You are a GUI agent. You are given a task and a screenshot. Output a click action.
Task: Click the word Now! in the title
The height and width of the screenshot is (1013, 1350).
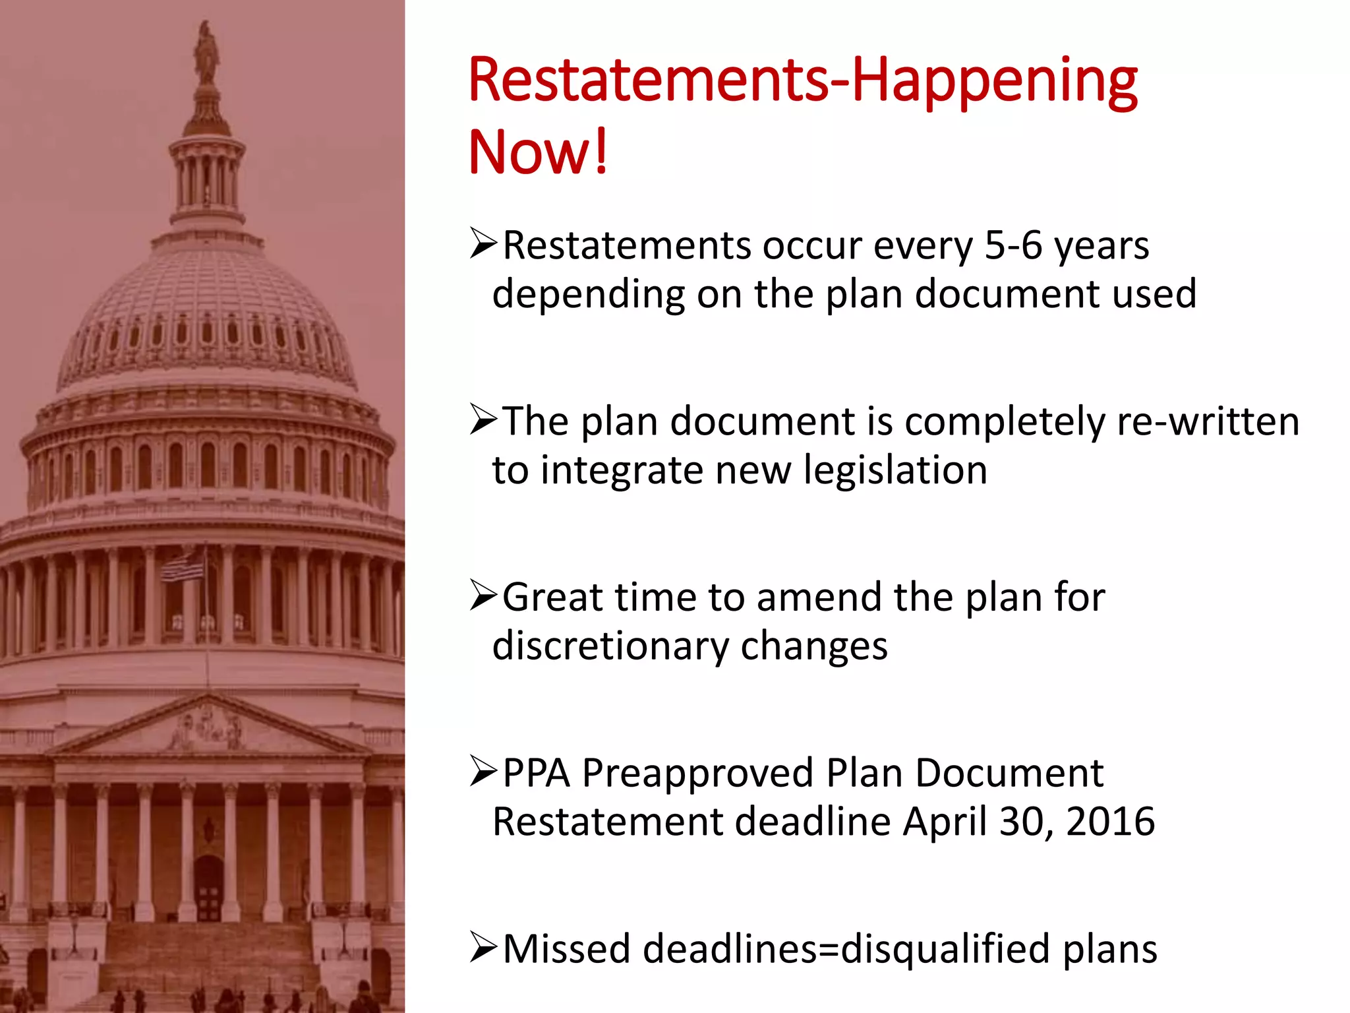537,152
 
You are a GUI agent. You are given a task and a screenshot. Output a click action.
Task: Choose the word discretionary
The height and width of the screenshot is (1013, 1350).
610,646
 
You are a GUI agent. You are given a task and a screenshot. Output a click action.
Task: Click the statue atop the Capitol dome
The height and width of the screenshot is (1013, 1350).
206,53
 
